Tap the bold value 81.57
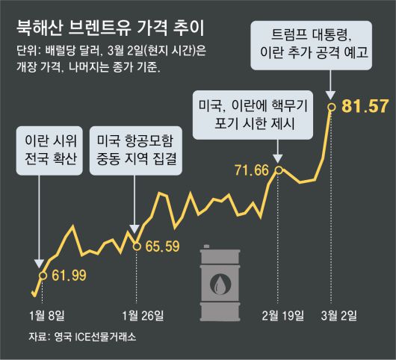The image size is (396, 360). pyautogui.click(x=364, y=106)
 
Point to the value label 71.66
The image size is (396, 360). pyautogui.click(x=251, y=172)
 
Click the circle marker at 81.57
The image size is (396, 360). pyautogui.click(x=331, y=107)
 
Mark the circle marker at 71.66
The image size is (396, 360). pyautogui.click(x=279, y=170)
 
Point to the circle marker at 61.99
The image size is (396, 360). pyautogui.click(x=42, y=276)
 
